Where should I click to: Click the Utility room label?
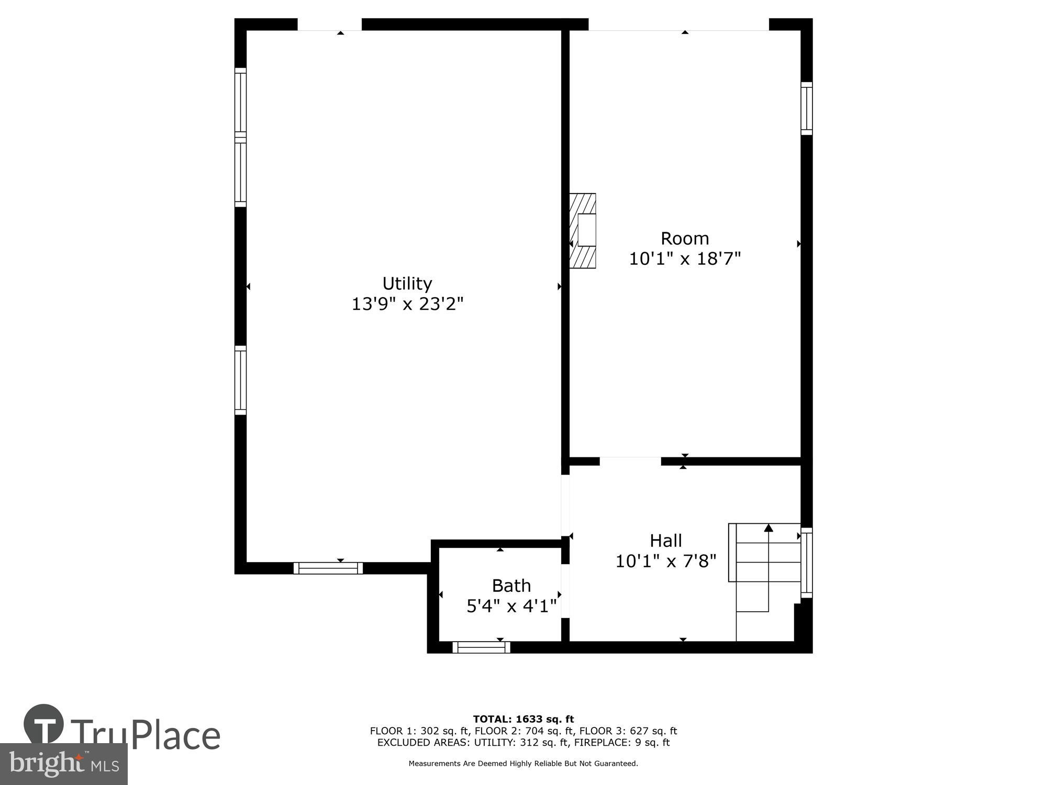407,284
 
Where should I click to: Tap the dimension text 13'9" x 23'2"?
407,304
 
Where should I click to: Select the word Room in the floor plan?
684,239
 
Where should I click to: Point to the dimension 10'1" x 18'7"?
684,259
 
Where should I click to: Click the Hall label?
665,541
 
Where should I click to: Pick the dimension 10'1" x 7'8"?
665,561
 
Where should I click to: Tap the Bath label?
511,586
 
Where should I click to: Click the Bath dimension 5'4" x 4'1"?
511,606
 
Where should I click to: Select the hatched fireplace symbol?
583,231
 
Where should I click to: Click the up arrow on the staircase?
768,528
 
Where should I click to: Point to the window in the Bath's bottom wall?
481,647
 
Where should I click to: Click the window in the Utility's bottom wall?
328,568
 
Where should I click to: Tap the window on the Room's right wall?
806,108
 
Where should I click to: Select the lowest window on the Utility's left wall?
240,380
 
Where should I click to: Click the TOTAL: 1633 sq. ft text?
523,719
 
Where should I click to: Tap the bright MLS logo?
63,765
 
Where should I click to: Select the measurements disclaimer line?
523,764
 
